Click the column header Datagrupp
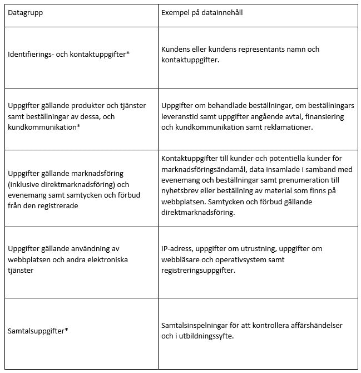tap(25, 12)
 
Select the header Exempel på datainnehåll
tap(206, 12)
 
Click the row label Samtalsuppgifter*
tap(38, 331)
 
